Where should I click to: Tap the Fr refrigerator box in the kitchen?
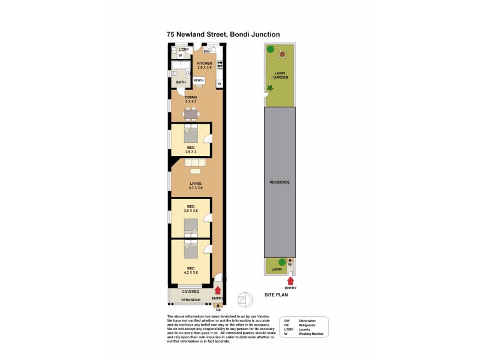tap(220, 83)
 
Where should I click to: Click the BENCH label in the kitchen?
tap(199, 80)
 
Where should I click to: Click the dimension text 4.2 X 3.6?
tap(190, 272)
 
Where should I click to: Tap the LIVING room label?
tap(195, 184)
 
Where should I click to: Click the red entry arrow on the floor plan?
tap(217, 290)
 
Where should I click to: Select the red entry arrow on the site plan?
tap(290, 279)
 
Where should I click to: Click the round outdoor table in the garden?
tap(282, 54)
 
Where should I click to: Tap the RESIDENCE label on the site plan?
tap(280, 182)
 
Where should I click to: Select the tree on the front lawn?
tap(281, 262)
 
